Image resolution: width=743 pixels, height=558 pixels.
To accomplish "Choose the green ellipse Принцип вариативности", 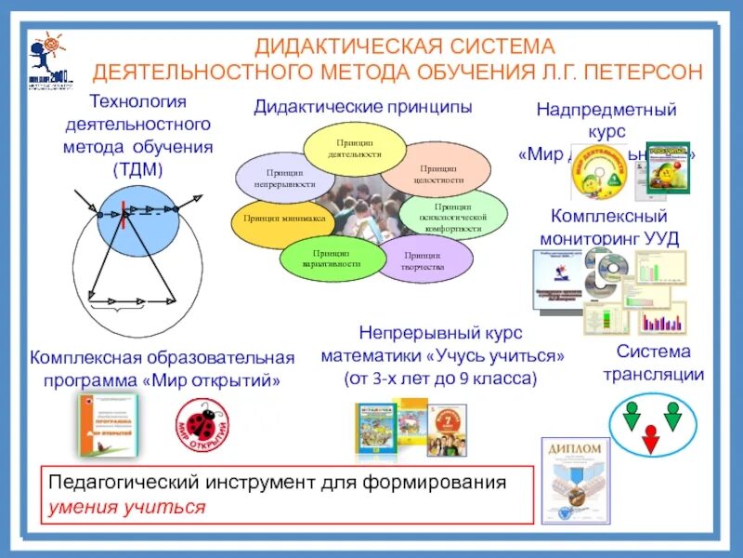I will pos(331,258).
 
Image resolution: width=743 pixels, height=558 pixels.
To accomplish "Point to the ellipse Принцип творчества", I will pos(422,259).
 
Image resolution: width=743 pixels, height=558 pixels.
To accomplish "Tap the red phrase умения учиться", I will pos(126,508).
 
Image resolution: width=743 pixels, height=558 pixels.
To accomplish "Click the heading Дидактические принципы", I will pos(363,107).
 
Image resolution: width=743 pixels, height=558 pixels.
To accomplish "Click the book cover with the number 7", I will pos(447,428).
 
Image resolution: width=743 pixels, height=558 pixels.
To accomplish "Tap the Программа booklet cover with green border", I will pos(108,424).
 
